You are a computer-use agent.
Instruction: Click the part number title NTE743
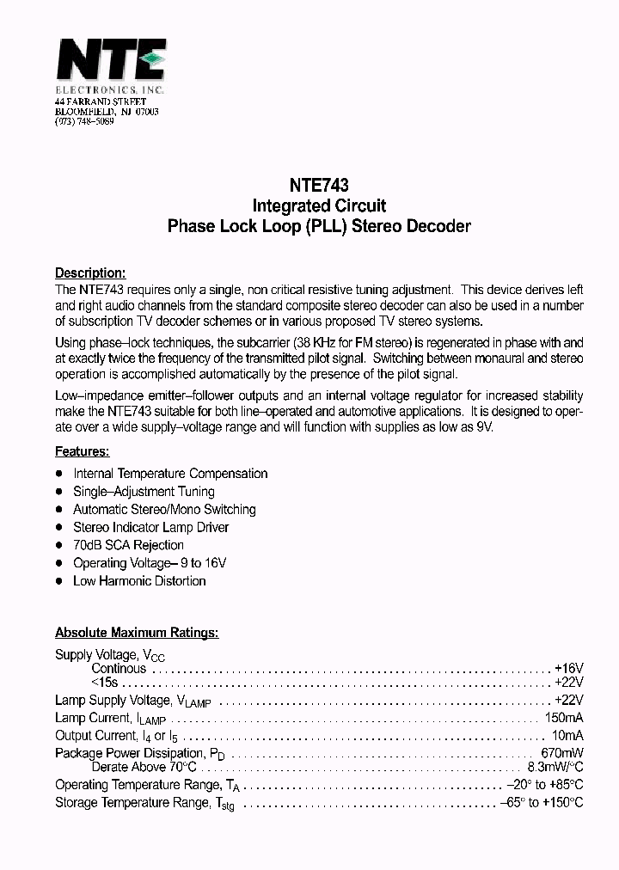point(318,184)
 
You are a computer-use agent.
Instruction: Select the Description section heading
point(90,273)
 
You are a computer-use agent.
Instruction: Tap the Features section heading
point(82,451)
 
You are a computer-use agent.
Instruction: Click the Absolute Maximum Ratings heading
point(137,633)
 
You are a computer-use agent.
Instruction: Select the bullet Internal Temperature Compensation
point(170,474)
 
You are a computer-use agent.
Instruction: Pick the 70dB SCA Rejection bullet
point(128,545)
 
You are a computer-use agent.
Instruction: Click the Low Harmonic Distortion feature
point(139,581)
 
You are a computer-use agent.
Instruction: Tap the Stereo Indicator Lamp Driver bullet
point(150,527)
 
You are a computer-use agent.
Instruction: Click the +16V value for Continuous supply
point(568,668)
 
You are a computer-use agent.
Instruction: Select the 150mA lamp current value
point(564,718)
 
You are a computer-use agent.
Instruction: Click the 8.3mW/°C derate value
point(555,767)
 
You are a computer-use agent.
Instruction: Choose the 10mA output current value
point(568,736)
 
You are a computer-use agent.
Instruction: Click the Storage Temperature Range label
point(144,803)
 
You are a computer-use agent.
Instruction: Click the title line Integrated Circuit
point(318,206)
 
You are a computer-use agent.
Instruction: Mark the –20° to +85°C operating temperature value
point(544,785)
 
